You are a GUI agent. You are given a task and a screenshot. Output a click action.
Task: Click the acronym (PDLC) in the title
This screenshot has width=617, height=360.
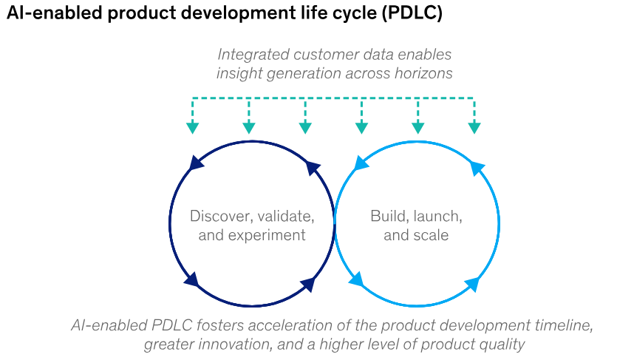click(x=411, y=14)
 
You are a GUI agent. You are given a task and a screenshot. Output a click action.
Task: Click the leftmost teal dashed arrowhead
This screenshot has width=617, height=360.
click(x=193, y=127)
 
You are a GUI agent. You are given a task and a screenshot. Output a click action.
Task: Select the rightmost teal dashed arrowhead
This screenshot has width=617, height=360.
click(x=474, y=127)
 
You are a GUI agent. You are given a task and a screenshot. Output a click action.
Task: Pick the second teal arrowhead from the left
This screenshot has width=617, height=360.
click(x=249, y=127)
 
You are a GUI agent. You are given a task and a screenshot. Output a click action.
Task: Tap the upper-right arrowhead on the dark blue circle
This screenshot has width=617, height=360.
click(x=313, y=167)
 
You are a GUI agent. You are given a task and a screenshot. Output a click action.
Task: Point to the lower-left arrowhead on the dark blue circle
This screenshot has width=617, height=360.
click(x=191, y=279)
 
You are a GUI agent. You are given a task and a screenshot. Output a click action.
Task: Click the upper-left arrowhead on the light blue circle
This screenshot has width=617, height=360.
click(x=361, y=163)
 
